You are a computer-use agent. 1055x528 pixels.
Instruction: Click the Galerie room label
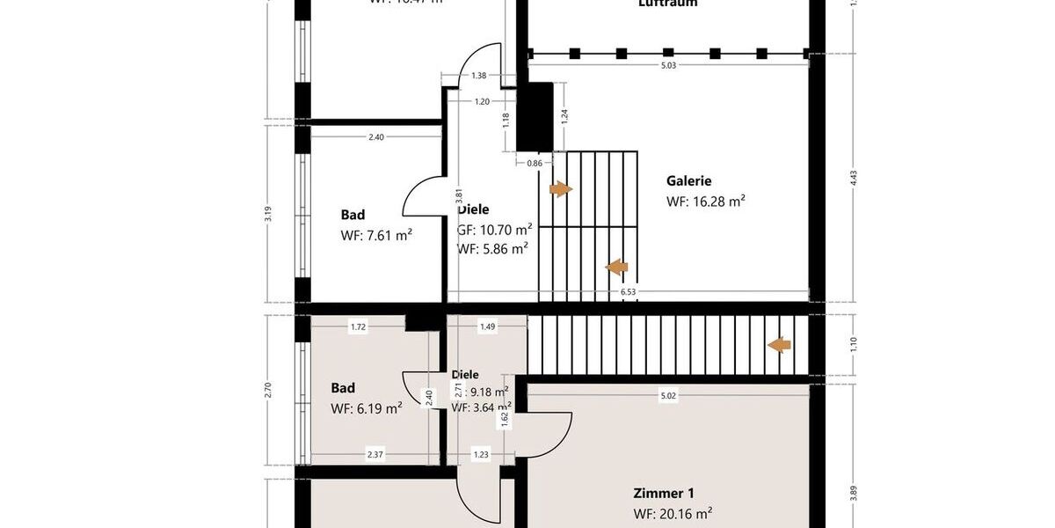click(x=688, y=181)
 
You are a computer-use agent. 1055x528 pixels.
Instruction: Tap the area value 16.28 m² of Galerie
click(x=706, y=202)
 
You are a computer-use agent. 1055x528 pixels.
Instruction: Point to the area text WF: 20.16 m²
click(x=673, y=514)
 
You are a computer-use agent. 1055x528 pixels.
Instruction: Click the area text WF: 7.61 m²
click(x=376, y=236)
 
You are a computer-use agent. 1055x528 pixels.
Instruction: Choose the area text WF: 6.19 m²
click(x=367, y=408)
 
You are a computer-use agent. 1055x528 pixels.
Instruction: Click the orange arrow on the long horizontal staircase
click(x=779, y=345)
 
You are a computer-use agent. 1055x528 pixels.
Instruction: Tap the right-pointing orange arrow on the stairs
click(x=560, y=189)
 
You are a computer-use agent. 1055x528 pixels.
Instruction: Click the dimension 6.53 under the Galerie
click(x=628, y=291)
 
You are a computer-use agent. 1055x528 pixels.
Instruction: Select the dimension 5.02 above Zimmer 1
click(x=668, y=396)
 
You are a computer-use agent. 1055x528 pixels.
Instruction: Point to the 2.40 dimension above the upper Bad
click(x=376, y=136)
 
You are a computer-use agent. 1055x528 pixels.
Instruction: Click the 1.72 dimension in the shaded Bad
click(x=358, y=327)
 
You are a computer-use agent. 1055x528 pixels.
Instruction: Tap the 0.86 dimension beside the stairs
click(x=535, y=163)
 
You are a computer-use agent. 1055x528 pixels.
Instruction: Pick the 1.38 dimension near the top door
click(x=479, y=77)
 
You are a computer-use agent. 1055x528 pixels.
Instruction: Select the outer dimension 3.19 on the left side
click(x=268, y=213)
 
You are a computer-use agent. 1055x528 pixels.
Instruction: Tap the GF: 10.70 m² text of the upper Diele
click(x=494, y=231)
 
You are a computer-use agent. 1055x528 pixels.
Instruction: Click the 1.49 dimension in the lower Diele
click(x=487, y=327)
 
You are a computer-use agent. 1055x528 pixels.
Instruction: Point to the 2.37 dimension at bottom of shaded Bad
click(x=375, y=454)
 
